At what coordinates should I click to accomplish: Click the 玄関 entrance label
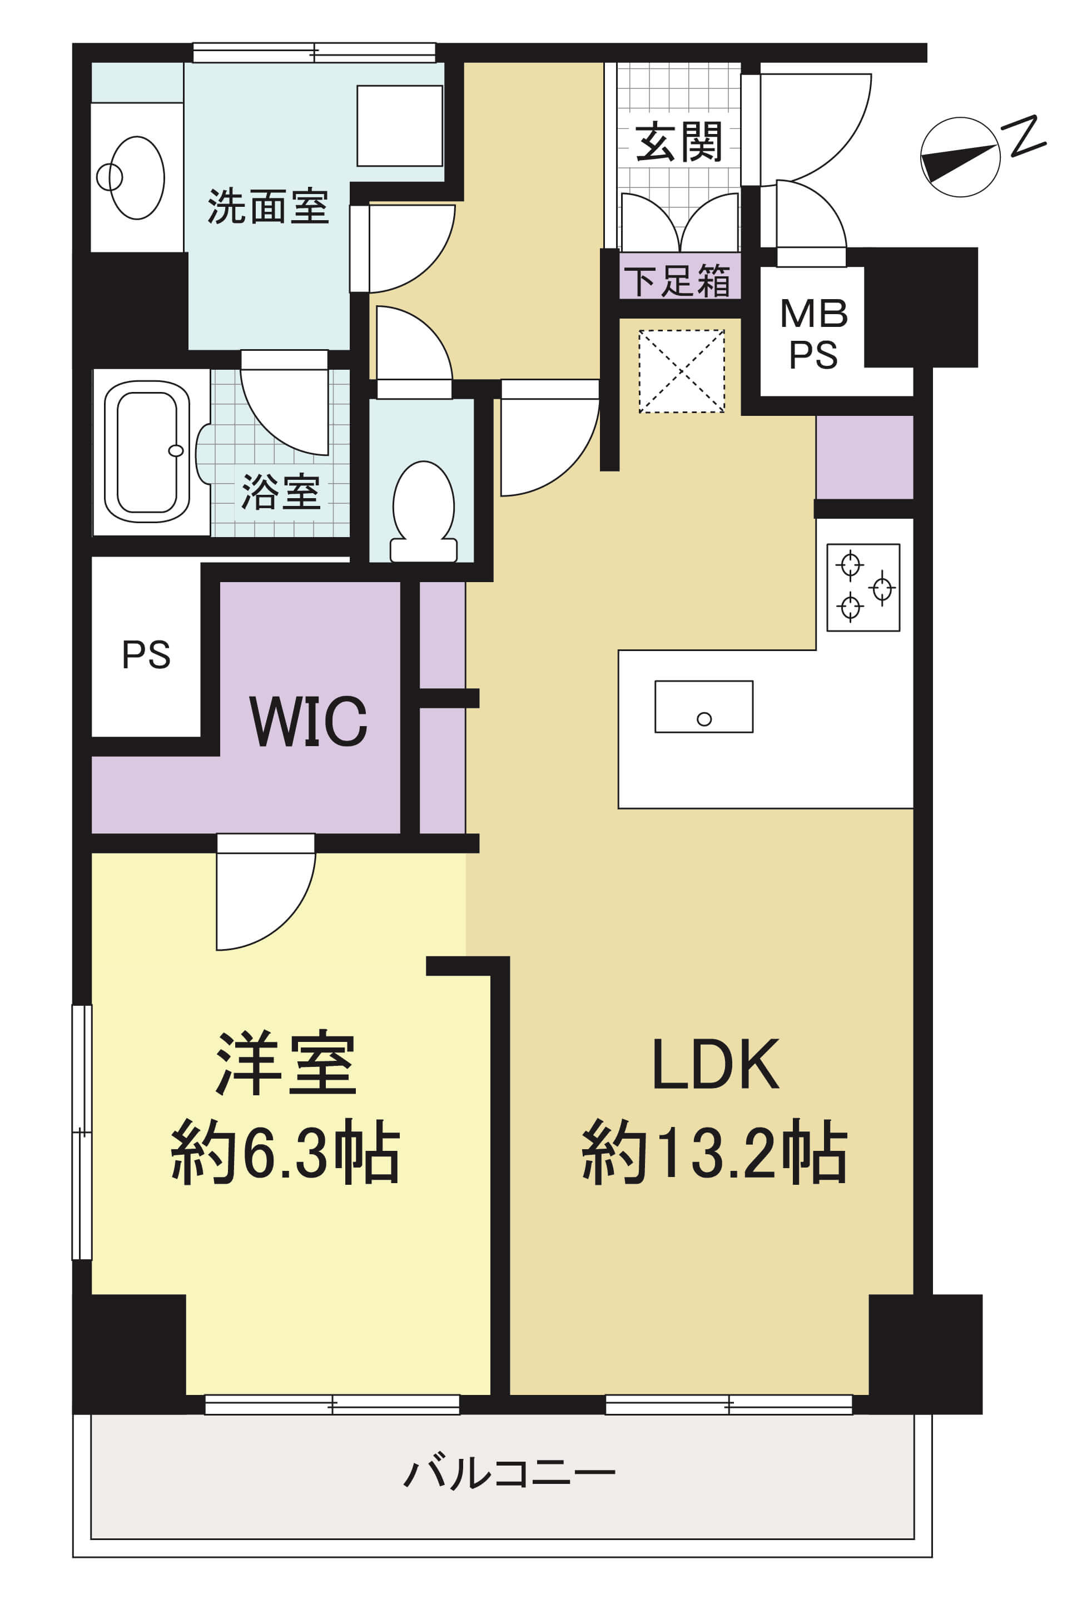(x=678, y=142)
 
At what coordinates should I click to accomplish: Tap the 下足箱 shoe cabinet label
(x=678, y=281)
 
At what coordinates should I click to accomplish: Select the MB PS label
(x=813, y=334)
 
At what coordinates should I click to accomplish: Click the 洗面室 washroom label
(x=267, y=206)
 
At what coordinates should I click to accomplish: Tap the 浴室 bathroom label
(x=281, y=492)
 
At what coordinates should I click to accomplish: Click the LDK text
(x=715, y=1064)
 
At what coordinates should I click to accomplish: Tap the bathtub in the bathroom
(x=147, y=453)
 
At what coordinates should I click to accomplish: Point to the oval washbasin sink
(x=136, y=177)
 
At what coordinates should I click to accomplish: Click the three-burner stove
(x=863, y=588)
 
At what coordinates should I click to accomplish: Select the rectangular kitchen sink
(x=703, y=707)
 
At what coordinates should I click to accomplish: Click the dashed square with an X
(x=681, y=371)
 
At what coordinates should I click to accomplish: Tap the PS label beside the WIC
(x=146, y=654)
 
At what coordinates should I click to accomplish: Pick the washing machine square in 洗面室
(x=400, y=126)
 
